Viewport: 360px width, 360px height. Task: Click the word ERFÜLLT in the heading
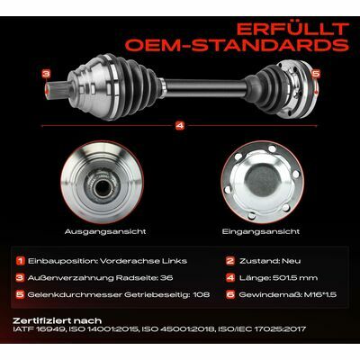point(292,29)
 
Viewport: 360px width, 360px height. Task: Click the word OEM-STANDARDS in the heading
point(237,44)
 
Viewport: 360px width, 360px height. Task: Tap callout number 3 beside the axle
point(46,73)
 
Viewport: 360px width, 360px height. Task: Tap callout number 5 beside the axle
point(316,73)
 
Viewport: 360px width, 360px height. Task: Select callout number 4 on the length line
point(180,126)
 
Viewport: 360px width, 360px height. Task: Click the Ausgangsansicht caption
point(105,231)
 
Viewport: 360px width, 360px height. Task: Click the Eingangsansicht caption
point(261,231)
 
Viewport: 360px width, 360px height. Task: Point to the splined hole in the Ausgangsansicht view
point(103,187)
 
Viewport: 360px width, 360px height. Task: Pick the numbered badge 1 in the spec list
point(21,261)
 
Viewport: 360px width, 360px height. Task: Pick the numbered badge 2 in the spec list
point(230,261)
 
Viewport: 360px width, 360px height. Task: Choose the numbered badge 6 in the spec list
point(230,294)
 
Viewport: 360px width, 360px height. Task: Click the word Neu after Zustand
point(291,261)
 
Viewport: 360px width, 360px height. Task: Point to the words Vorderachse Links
point(143,261)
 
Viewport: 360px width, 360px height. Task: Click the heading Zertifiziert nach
point(58,320)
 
